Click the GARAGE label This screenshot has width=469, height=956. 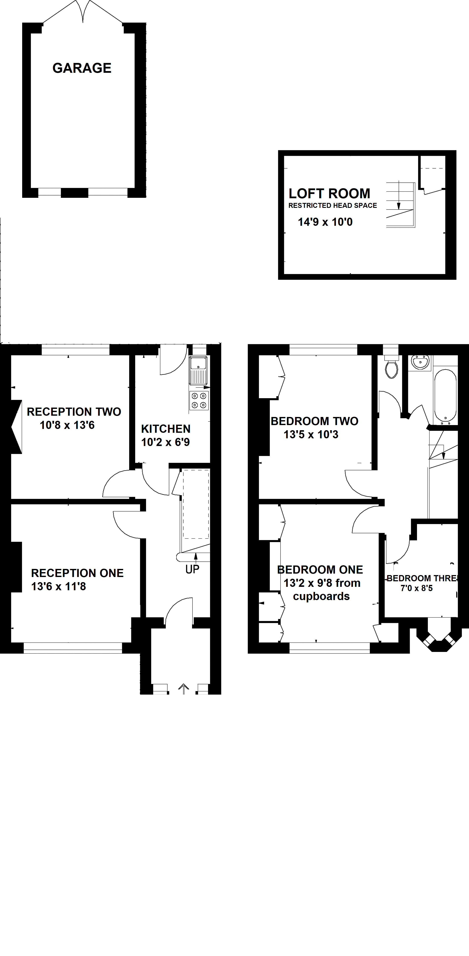82,68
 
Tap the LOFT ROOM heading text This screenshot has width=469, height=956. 329,193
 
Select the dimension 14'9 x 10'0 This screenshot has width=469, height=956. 325,222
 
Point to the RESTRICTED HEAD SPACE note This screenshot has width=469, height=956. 333,205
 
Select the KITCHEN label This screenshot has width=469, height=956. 166,429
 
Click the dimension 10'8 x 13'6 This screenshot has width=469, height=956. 67,425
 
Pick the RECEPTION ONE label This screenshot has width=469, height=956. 77,573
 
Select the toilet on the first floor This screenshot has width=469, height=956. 392,367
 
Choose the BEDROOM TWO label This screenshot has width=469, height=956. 314,421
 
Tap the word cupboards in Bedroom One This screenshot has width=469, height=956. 321,596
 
